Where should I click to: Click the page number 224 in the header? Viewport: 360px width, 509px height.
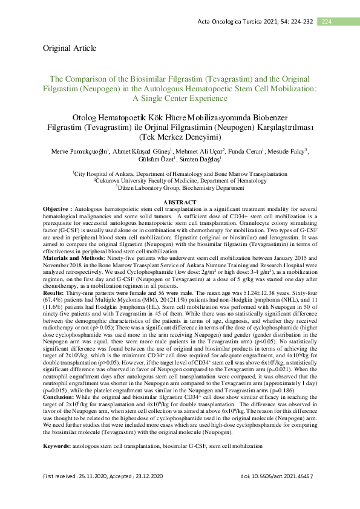tap(326, 22)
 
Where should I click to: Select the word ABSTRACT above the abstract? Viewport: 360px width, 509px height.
tap(180, 202)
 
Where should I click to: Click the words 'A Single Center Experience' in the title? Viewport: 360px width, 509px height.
tap(180, 97)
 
